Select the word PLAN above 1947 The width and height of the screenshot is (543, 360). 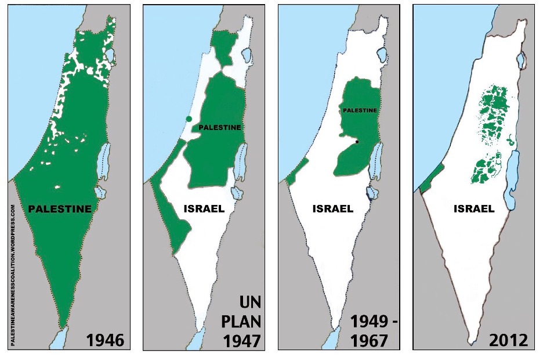coord(244,321)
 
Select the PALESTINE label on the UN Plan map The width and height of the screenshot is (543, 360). coord(220,127)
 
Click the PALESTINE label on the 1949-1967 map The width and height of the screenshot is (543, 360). coord(360,110)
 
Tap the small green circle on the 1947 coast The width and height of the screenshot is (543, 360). coord(189,119)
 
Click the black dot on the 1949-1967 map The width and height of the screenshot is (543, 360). coord(357,142)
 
